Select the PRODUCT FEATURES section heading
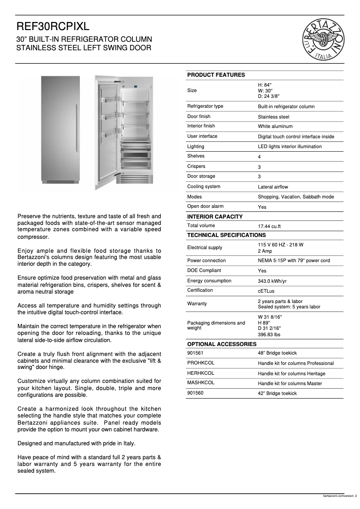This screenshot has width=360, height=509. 216,75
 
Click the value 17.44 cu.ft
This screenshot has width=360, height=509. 269,227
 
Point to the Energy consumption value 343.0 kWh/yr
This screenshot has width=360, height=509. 272,281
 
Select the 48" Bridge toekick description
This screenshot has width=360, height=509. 277,353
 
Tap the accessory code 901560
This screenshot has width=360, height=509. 195,393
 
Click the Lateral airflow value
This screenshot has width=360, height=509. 273,187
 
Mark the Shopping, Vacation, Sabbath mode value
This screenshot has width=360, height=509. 296,197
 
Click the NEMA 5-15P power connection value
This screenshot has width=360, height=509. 294,261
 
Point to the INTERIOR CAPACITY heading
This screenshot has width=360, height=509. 215,217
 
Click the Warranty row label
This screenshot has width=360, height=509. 197,304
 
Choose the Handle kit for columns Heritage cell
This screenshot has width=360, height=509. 291,373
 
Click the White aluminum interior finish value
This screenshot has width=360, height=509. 275,127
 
